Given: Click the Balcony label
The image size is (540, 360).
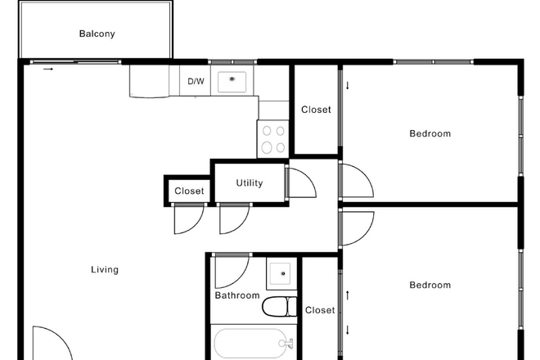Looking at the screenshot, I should coord(97,34).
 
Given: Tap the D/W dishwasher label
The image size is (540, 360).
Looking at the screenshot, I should coord(196,81).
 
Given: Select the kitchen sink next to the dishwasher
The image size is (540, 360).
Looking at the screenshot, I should coord(233,79).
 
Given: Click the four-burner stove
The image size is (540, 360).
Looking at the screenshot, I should coord(272,138).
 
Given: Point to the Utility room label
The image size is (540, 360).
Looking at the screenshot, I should coord(250,183).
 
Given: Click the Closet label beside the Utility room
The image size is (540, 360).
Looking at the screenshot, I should coord(189,191).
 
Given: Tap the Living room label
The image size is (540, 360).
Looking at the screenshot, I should coord(105,270).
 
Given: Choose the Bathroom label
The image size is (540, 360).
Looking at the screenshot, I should coord(237,295).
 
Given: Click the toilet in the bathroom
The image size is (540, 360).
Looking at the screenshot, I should coord(277,308).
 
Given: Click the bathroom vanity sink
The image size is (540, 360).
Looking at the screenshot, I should coord(281,272).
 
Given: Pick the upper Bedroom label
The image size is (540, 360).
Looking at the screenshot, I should coord(430,133).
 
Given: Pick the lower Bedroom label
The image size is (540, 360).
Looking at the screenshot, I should coord(430,285).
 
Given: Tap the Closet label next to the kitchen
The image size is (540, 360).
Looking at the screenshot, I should coord(316,110).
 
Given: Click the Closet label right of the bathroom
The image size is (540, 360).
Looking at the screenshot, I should coord(320,310).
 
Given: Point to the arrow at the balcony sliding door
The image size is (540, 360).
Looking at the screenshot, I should coord(48,70).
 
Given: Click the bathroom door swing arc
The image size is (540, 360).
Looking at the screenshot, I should coord(232,270).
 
